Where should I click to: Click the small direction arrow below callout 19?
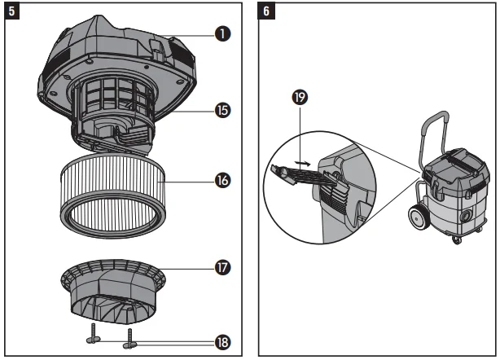click(x=303, y=163)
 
